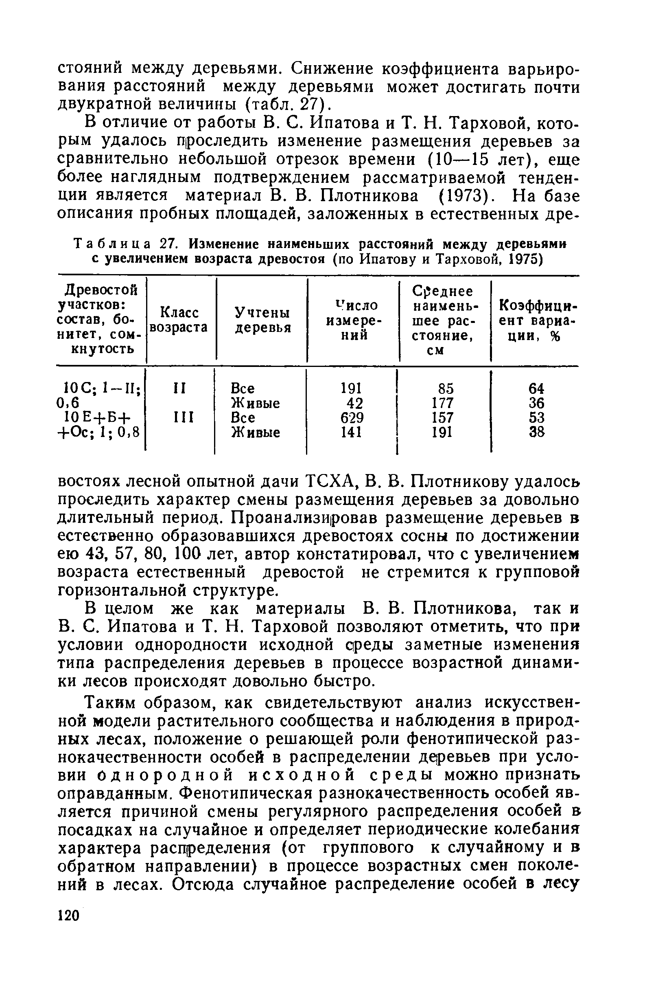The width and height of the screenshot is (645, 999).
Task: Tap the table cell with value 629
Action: [x=352, y=418]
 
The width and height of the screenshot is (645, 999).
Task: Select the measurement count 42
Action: [x=354, y=403]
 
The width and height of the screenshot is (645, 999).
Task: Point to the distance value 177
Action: [x=443, y=403]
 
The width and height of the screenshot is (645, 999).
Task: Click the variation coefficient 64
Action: [x=536, y=389]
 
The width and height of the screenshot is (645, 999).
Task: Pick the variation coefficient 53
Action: [x=536, y=418]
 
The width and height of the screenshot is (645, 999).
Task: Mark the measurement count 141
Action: [x=352, y=432]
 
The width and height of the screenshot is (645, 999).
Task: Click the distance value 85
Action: [x=446, y=389]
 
